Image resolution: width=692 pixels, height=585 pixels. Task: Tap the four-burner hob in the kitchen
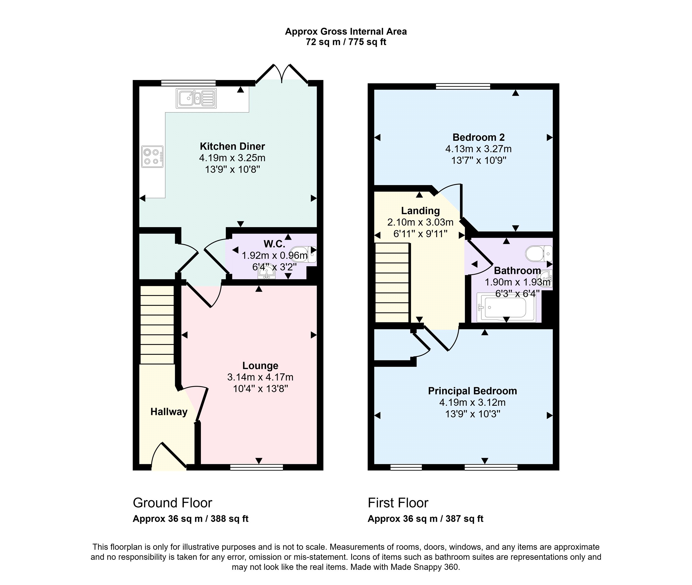point(153,157)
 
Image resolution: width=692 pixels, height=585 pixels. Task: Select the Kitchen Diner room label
point(232,146)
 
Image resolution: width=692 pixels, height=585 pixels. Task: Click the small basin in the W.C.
point(267,273)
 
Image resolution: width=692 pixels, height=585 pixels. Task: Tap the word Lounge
point(260,365)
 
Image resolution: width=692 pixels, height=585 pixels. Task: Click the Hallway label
point(169,412)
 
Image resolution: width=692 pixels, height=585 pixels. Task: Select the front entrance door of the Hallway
point(169,456)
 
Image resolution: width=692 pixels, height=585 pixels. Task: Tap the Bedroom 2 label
point(479,137)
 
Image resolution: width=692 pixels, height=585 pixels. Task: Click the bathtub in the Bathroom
point(506,307)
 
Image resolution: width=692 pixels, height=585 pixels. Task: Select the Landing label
point(420,211)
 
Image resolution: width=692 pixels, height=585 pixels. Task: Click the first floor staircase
point(393,283)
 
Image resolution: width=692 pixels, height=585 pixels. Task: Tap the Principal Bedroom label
point(472,391)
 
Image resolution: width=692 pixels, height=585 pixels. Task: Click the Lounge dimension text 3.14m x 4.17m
point(260,377)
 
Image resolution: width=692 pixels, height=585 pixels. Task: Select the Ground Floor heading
point(172,503)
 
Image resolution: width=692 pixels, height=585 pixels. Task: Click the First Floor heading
point(398,503)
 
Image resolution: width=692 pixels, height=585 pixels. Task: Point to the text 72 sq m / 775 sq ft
point(346,42)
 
